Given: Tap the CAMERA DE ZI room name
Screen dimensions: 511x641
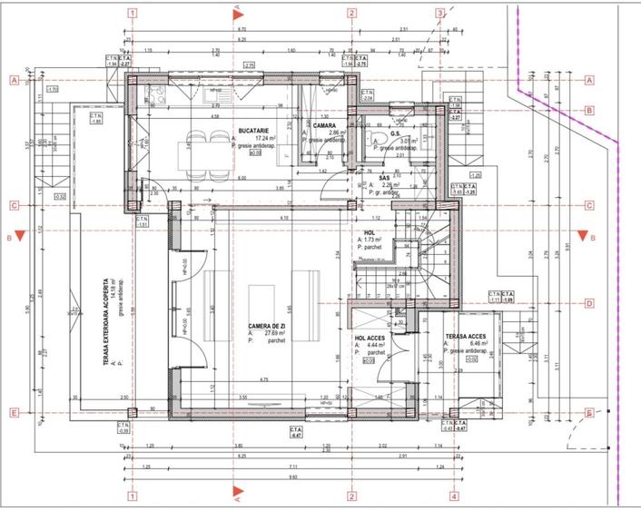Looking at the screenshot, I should tap(269, 325).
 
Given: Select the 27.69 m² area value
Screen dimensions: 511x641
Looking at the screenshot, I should tap(271, 333).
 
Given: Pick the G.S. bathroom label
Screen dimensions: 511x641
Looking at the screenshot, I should tap(396, 133).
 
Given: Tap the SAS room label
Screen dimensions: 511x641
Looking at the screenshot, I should tap(384, 178).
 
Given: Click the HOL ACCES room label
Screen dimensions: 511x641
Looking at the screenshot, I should tap(372, 337).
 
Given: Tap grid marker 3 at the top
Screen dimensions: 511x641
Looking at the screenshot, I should tap(439, 14).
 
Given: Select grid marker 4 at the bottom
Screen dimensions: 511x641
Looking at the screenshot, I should tap(452, 496).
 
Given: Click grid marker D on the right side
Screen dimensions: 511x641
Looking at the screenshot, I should tap(589, 304).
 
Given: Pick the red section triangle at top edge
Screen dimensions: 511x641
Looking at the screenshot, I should tap(237, 13).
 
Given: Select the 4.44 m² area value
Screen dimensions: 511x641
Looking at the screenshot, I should tap(375, 345).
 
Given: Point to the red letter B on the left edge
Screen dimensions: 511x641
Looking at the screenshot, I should tap(8, 238).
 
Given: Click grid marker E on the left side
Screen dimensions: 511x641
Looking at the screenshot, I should tap(14, 414).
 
